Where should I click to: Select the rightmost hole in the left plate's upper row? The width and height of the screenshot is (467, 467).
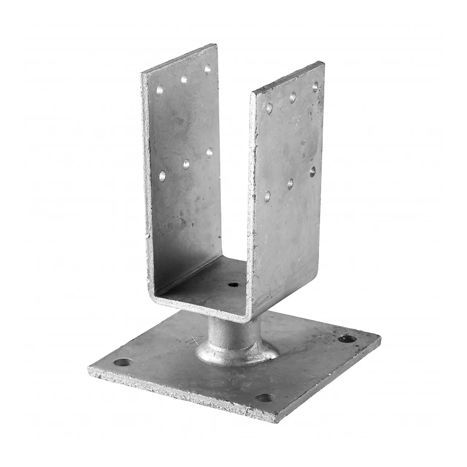pos(208,68)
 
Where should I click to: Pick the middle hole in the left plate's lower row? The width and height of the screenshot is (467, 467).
pos(186,165)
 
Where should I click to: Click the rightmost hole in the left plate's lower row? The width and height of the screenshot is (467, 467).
pos(209,152)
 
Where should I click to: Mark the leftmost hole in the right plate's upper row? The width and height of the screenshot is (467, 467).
pos(269,108)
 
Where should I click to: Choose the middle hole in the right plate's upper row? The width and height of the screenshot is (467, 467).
pos(293,97)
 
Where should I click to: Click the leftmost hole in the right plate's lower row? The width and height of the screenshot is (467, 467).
pos(268,196)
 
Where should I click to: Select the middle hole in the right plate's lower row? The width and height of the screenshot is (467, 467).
pos(290,184)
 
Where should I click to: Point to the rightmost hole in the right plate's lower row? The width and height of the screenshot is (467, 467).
pos(313,171)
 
